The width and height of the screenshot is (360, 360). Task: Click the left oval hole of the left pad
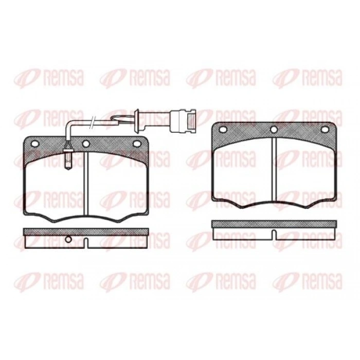point(35,144)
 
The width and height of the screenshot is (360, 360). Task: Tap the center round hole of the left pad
point(86,144)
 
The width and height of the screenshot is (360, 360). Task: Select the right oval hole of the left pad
point(137,144)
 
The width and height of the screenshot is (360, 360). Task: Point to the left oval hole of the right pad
point(223,130)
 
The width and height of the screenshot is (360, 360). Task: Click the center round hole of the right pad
point(274,130)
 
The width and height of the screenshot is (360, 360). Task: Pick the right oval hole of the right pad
point(325,130)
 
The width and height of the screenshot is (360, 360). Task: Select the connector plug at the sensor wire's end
point(183,121)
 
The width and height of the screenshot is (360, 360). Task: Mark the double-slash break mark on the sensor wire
point(93,122)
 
